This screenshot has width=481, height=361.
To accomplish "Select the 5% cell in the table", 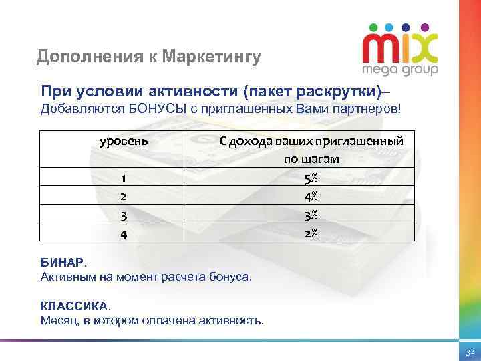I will click(x=310, y=178).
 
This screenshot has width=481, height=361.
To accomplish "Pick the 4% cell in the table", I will click(x=310, y=197).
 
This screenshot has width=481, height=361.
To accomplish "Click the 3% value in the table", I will click(x=310, y=215).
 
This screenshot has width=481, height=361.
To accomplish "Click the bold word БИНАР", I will click(x=63, y=263).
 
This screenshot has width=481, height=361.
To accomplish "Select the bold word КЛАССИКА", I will click(x=73, y=306).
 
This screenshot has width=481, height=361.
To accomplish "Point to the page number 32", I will click(x=469, y=351).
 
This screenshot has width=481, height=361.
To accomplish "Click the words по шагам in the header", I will click(x=311, y=160).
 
